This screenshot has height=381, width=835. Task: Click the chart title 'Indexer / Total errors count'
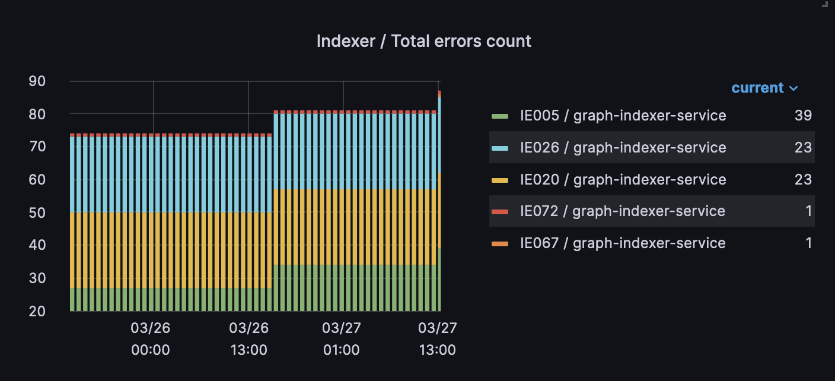[423, 41]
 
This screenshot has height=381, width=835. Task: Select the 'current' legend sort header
[757, 88]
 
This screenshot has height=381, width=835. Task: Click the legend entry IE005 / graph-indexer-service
[623, 115]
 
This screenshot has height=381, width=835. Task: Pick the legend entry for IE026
[623, 147]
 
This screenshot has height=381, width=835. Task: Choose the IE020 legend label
[623, 179]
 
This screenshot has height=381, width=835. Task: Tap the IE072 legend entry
[622, 211]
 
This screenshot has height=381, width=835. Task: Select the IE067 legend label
[623, 243]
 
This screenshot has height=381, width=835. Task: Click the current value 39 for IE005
[803, 115]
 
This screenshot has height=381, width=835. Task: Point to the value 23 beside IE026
[803, 147]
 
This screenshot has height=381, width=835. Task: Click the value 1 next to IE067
[808, 243]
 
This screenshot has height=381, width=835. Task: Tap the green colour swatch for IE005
[500, 116]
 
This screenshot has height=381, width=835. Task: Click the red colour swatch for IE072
[500, 211]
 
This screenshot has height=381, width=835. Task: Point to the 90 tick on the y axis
[37, 81]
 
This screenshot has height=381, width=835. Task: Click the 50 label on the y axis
[37, 212]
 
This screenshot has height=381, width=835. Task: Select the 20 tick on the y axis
[37, 310]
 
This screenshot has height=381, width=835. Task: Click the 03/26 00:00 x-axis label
[151, 339]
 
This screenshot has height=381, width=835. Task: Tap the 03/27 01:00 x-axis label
[342, 339]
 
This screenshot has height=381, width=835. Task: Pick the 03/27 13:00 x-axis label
[437, 339]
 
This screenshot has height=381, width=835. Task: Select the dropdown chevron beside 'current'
[793, 88]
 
